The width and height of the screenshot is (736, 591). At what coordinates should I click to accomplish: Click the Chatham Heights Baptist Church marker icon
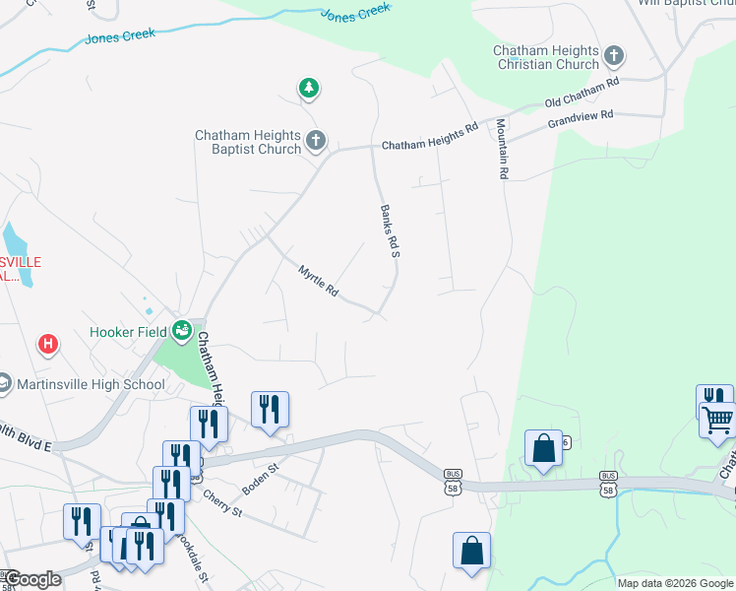316,141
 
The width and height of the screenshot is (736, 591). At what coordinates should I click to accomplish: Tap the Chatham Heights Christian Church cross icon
615,55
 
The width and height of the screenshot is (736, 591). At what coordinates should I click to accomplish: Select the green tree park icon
309,89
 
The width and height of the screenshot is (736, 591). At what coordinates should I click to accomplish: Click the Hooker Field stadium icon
181,330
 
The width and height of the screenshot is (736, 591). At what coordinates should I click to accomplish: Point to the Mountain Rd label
502,149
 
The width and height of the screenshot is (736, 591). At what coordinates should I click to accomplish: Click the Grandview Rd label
581,116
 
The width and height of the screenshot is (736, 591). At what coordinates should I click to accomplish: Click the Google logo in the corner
33,579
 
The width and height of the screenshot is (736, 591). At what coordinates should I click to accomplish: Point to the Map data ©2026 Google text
675,583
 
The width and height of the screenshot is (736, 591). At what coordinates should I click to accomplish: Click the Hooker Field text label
127,332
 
